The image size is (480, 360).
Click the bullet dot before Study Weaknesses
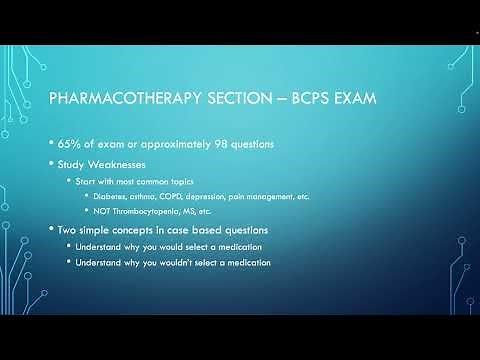(x=51, y=163)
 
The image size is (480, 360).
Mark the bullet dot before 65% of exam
(x=51, y=144)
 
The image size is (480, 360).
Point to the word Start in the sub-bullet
(x=86, y=180)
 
